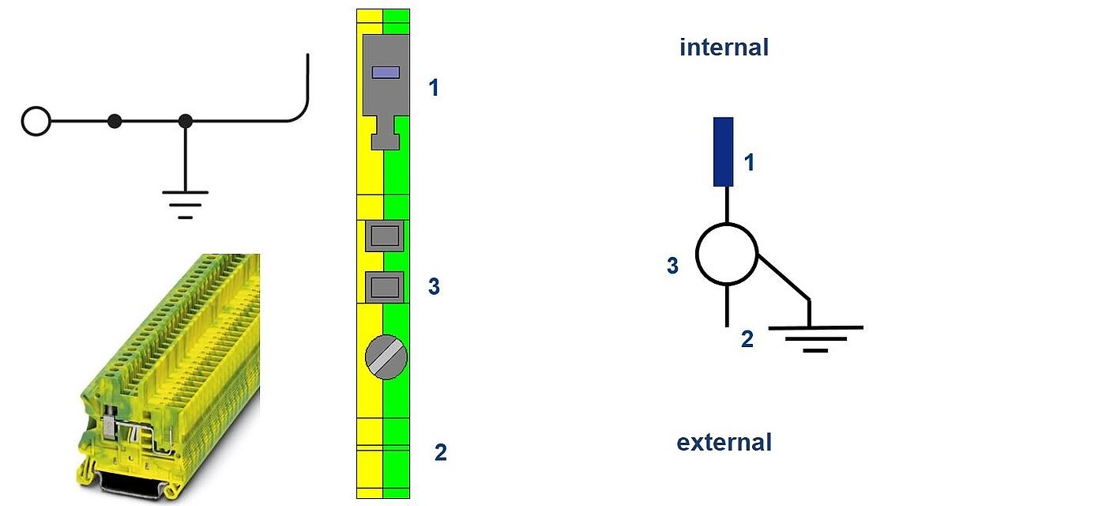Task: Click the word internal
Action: (724, 47)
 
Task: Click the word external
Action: (724, 442)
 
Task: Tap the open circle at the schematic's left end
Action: (36, 121)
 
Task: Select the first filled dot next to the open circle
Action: (115, 121)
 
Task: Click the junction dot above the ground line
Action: (185, 121)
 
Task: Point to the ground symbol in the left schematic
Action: (185, 205)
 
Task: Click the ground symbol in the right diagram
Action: (815, 339)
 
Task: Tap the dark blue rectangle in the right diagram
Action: (724, 152)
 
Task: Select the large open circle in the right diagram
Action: (727, 254)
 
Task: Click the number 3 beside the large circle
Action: (672, 266)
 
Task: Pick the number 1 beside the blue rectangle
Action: (749, 163)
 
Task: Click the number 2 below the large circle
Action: (747, 339)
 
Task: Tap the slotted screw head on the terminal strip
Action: (386, 357)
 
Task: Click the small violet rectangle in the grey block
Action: (386, 73)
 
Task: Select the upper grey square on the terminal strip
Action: (385, 236)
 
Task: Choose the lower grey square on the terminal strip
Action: (385, 287)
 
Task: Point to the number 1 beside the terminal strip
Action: (434, 88)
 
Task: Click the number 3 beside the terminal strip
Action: (434, 286)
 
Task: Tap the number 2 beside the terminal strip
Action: (441, 452)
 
